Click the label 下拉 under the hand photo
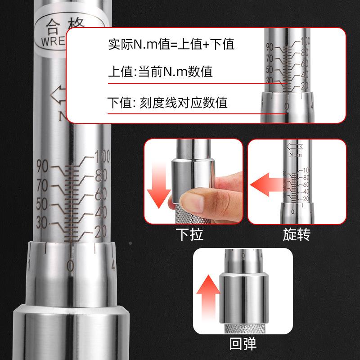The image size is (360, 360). click(189, 234)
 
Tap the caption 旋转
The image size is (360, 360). click(297, 234)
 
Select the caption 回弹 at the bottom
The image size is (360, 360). click(243, 344)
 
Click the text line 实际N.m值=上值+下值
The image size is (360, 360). click(171, 45)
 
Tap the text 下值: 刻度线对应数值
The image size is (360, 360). click(167, 103)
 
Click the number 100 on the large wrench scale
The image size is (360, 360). click(102, 158)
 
